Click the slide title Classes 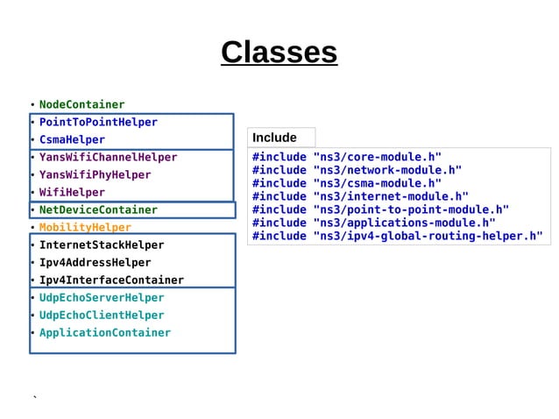pos(279,53)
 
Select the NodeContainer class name pos(81,105)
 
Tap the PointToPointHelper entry pos(98,123)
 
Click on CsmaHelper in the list pos(72,140)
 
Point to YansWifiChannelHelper pos(108,158)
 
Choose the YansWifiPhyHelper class pos(95,175)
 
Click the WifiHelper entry pos(72,193)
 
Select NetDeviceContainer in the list pos(98,210)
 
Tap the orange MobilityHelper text pos(85,228)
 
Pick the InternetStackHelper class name pos(102,245)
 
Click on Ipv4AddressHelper pos(95,263)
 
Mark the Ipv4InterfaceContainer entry pos(111,281)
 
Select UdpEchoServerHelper pos(102,298)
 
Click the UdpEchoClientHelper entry pos(102,316)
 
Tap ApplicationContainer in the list pos(105,333)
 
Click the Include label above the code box pos(274,138)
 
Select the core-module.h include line pos(347,157)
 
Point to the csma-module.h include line pos(347,183)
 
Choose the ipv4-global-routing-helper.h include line pos(397,236)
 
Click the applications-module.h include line pos(373,223)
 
